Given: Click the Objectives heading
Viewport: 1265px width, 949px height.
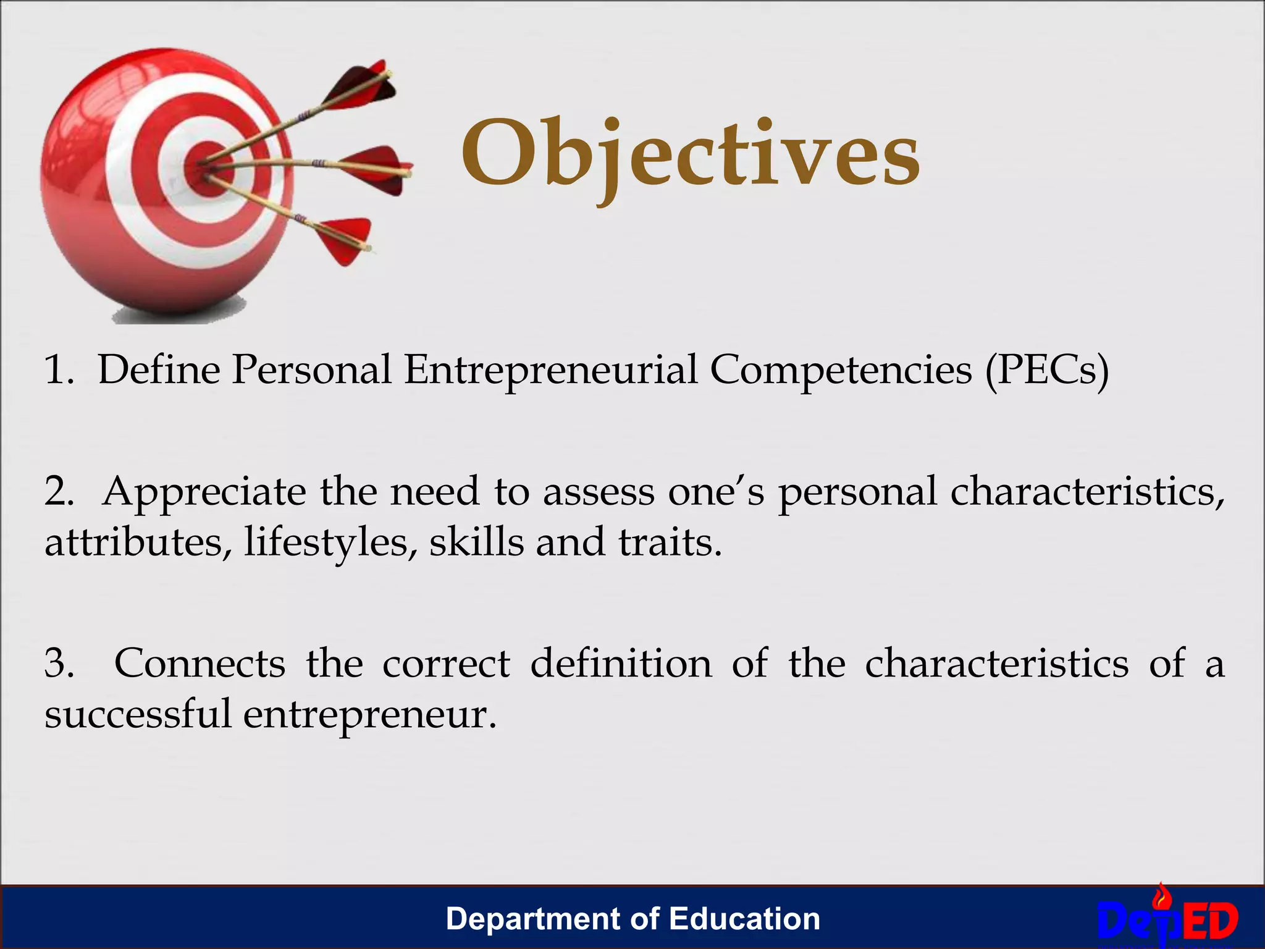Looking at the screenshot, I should click(690, 154).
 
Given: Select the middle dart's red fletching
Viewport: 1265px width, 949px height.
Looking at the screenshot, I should click(377, 170).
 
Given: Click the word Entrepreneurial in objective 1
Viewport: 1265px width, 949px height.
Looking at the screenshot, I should click(550, 370).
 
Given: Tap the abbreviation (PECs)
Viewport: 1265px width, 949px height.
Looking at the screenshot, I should click(1047, 370).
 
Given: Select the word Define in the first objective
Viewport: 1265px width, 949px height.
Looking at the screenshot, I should click(159, 370).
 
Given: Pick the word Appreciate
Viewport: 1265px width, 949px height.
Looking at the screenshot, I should click(204, 492).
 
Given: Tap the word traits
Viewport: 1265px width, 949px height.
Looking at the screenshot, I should click(670, 542).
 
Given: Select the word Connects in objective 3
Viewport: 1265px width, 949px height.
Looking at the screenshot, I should click(200, 664).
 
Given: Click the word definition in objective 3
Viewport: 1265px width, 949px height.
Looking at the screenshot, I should click(621, 664).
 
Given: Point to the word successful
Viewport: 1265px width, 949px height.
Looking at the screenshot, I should click(137, 714).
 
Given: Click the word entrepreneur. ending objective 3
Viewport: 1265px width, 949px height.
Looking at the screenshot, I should click(369, 715).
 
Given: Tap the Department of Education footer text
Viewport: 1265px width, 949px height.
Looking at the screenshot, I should click(632, 919).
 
